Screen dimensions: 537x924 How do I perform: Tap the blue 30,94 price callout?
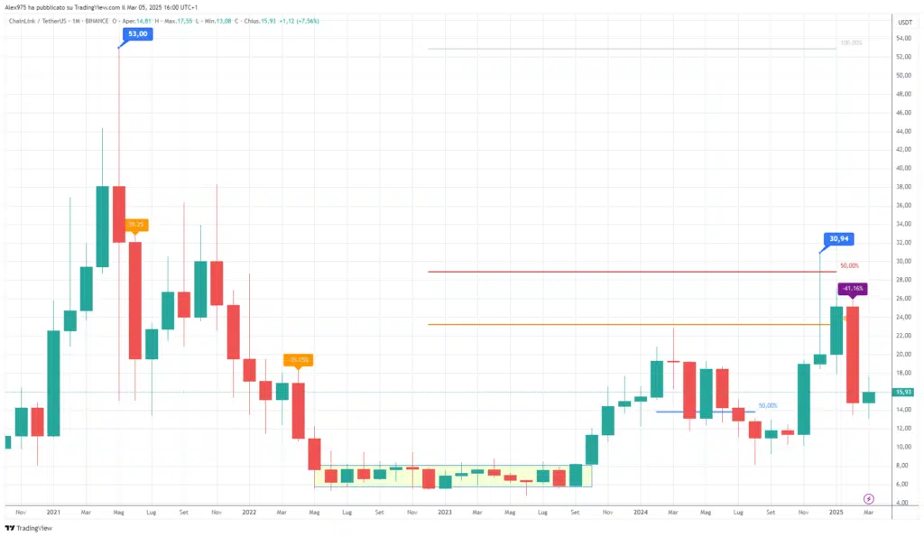pyautogui.click(x=839, y=239)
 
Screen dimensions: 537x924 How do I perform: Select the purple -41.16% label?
pyautogui.click(x=853, y=289)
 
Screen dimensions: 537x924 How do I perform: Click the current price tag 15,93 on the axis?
pyautogui.click(x=902, y=392)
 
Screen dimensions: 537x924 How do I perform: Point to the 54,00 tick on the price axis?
pyautogui.click(x=902, y=38)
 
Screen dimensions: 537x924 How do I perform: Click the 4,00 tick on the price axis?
pyautogui.click(x=902, y=503)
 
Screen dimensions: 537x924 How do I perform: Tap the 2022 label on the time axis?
pyautogui.click(x=248, y=512)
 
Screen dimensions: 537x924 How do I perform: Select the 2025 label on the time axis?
pyautogui.click(x=836, y=512)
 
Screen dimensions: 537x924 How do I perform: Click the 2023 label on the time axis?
pyautogui.click(x=444, y=512)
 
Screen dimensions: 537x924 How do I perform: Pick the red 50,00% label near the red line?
pyautogui.click(x=849, y=266)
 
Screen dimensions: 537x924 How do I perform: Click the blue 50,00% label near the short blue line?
pyautogui.click(x=768, y=405)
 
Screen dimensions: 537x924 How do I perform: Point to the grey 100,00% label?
pyautogui.click(x=851, y=42)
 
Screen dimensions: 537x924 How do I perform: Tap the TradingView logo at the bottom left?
pyautogui.click(x=29, y=528)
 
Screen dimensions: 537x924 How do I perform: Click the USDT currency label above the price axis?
pyautogui.click(x=903, y=21)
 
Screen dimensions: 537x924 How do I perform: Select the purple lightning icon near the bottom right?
pyautogui.click(x=869, y=498)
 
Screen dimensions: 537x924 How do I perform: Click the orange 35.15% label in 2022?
pyautogui.click(x=300, y=360)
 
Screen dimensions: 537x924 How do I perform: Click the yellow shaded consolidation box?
pyautogui.click(x=451, y=477)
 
